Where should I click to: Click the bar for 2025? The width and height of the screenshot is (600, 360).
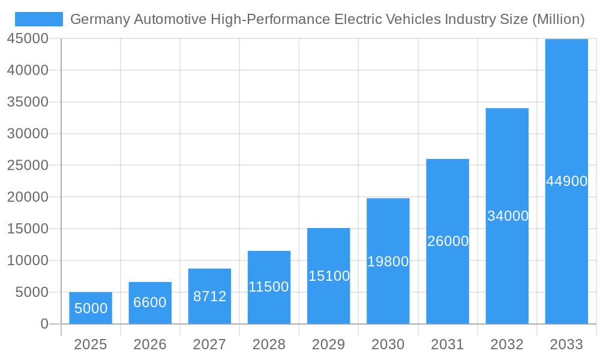91,308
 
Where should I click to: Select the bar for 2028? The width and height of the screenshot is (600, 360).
269,287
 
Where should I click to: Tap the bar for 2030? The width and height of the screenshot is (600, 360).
388,261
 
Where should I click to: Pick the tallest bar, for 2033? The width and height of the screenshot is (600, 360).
566,181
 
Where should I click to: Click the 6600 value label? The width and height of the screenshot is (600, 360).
150,302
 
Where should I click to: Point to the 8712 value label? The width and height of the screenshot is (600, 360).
209,296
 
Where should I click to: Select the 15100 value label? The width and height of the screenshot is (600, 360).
329,276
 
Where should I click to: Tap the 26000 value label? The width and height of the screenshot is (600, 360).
448,241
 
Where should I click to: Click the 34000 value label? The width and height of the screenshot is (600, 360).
508,216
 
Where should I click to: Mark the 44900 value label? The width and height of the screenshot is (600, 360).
566,181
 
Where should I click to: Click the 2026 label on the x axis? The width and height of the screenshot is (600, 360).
150,344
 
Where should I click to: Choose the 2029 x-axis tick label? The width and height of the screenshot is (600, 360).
329,344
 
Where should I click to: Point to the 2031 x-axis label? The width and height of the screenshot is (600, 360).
448,344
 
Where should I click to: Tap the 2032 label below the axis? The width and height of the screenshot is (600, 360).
507,344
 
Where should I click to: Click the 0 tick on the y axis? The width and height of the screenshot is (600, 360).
44,324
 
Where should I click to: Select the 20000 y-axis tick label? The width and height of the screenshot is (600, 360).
28,197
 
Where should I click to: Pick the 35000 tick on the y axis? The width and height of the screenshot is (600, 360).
28,102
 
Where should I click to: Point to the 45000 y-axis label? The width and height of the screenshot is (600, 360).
28,38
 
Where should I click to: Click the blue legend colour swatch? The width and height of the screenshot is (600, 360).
39,19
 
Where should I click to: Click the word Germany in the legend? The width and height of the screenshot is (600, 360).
100,19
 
